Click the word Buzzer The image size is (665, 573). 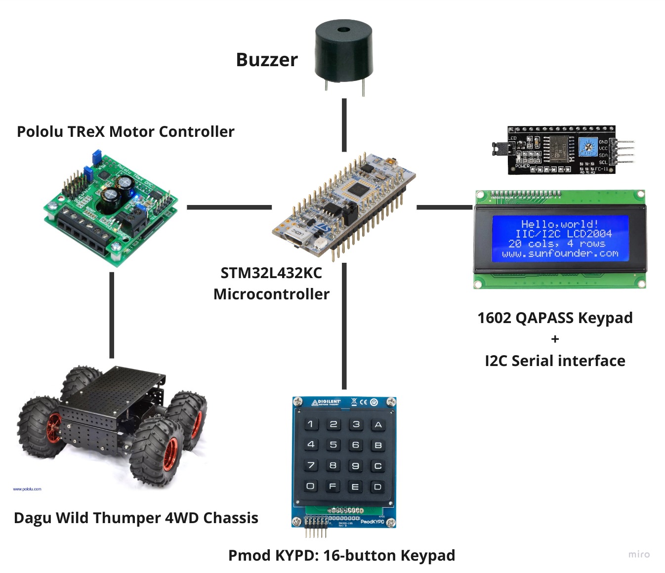click(x=267, y=60)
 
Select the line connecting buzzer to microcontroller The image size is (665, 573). click(x=344, y=124)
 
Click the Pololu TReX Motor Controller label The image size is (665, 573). click(x=125, y=131)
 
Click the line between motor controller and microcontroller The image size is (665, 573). click(x=229, y=207)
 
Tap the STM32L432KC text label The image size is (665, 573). click(x=271, y=273)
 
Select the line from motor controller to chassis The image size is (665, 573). click(x=112, y=315)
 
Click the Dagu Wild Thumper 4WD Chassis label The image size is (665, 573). click(x=136, y=518)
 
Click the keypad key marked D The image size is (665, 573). click(x=378, y=487)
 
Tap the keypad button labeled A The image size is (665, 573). click(x=378, y=424)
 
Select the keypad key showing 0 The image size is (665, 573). click(x=310, y=486)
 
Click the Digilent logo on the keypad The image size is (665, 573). click(x=327, y=403)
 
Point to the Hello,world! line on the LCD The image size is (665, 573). click(x=560, y=224)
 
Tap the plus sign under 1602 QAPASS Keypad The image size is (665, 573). click(x=555, y=339)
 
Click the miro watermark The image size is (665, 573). click(x=639, y=554)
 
